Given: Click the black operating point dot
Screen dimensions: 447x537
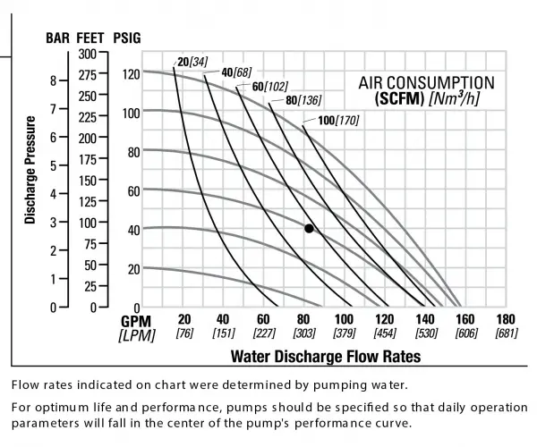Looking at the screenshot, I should click(x=309, y=228).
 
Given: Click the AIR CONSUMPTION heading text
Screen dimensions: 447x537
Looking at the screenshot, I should click(x=426, y=82).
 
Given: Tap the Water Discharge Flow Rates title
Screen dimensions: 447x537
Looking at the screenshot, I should click(x=326, y=355).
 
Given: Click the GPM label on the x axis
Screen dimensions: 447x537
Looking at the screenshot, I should click(x=137, y=320).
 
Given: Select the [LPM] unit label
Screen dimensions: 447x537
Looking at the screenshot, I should click(x=137, y=334).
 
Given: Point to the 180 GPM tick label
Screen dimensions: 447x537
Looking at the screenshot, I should click(x=506, y=319).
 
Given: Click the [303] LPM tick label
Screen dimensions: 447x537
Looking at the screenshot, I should click(x=305, y=334).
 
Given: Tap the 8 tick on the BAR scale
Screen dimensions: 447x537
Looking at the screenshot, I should click(x=54, y=80).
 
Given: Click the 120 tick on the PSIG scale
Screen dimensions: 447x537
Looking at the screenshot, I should click(x=131, y=73).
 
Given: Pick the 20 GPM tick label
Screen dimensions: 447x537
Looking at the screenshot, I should click(x=184, y=319).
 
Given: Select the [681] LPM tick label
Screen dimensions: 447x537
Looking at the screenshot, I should click(x=506, y=334).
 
